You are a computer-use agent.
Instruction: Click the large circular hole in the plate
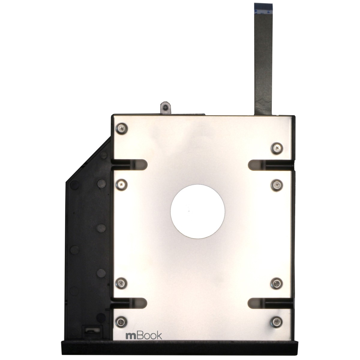[x=198, y=209]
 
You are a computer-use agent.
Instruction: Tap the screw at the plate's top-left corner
[x=121, y=128]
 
